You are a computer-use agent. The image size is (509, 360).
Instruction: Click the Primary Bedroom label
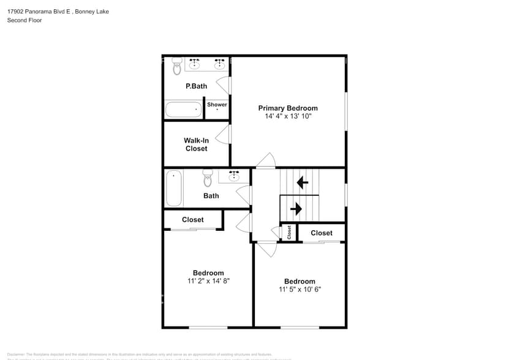point(288,108)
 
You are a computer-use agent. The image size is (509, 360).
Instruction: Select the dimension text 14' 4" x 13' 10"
point(288,116)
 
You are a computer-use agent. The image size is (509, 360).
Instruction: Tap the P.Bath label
point(196,86)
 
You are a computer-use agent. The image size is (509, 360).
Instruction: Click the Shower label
point(217,105)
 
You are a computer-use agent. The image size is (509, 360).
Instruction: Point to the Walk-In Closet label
point(196,144)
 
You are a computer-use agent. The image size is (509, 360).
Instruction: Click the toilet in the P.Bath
point(177,64)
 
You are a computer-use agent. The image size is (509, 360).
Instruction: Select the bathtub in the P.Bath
point(183,110)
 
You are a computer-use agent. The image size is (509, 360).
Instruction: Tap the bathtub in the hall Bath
point(174,189)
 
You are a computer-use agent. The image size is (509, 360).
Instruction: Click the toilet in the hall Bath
point(208,178)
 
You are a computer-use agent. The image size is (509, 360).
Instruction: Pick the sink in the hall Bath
point(234,176)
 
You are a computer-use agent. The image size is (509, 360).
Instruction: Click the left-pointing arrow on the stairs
point(302,182)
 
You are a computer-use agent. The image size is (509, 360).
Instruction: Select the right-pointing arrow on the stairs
point(296,209)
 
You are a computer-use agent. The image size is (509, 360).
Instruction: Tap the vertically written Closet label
point(289,232)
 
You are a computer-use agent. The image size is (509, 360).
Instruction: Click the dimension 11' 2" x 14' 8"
point(208,281)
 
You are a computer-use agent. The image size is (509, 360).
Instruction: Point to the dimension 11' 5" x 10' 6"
point(300,290)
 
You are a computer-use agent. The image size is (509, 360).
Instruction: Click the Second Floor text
point(24,20)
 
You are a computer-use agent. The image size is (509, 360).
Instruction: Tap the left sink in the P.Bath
point(195,63)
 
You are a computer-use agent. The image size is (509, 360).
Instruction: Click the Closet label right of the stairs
point(321,233)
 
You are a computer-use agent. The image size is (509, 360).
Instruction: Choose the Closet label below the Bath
point(192,220)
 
